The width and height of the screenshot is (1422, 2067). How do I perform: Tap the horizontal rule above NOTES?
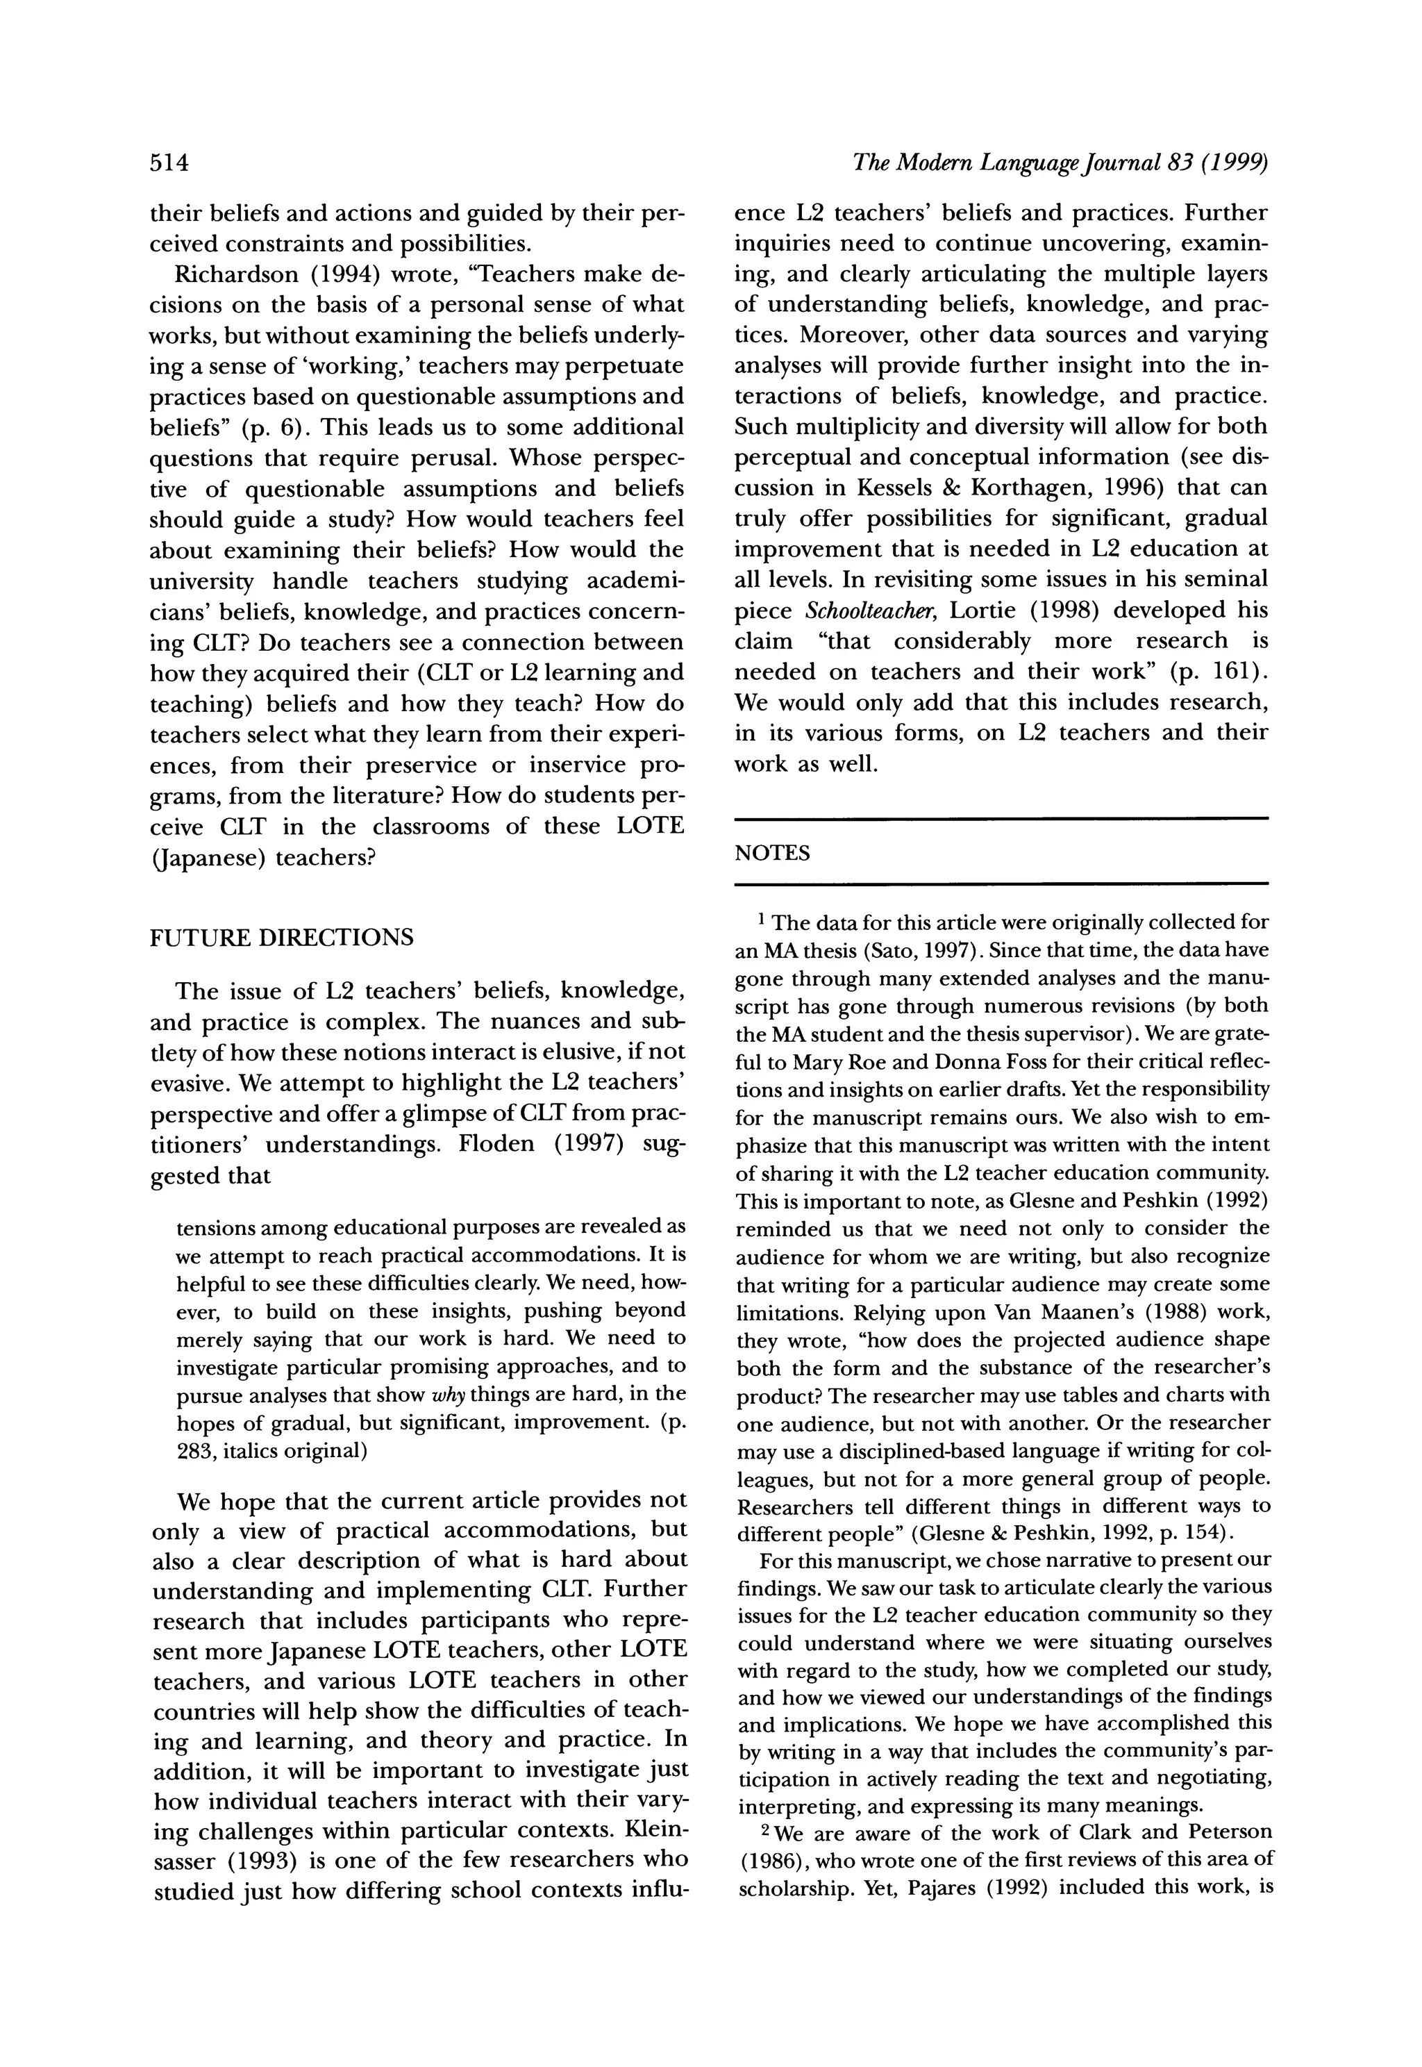tap(1000, 818)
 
